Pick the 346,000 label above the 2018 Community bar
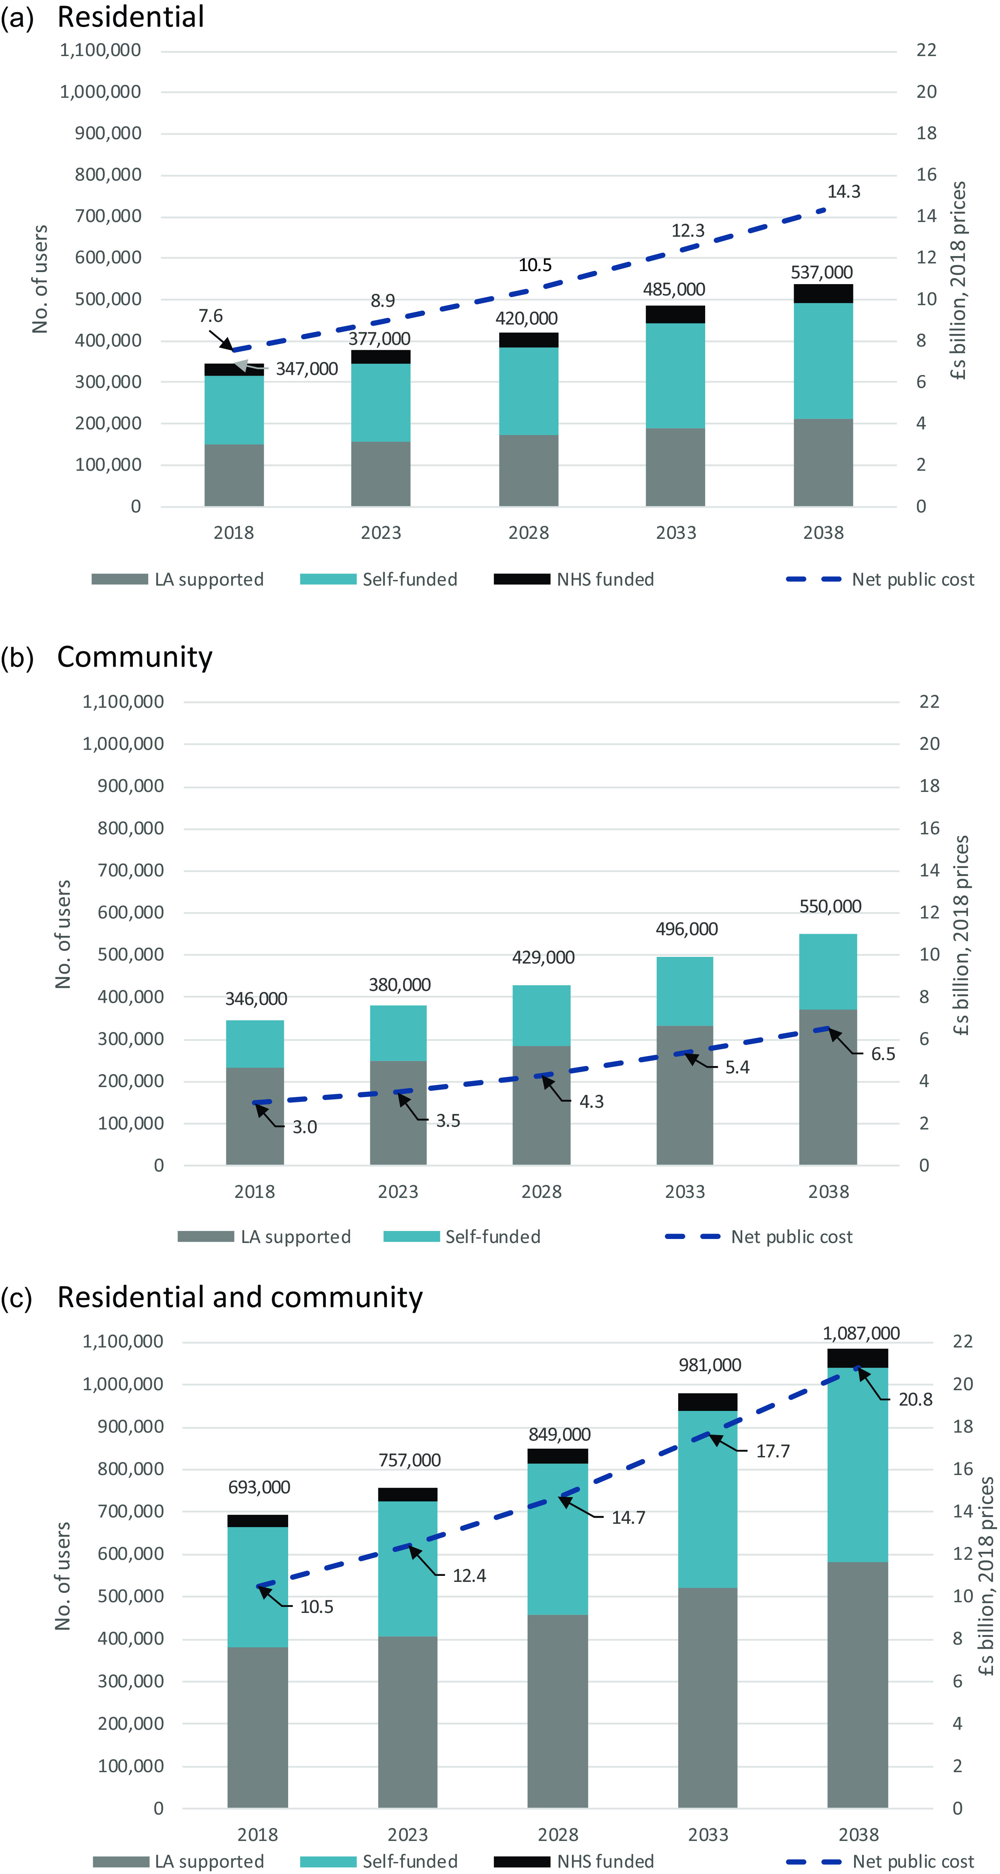[x=256, y=999]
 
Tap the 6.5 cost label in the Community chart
[x=883, y=1054]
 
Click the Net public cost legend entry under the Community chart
[x=759, y=1237]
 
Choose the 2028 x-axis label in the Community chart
[x=541, y=1192]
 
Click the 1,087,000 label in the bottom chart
[x=861, y=1333]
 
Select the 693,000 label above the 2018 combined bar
[x=259, y=1487]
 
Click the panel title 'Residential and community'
[x=240, y=1297]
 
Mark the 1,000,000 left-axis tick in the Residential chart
[x=101, y=92]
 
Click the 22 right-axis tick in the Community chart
[x=930, y=702]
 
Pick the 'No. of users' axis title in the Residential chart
[x=40, y=279]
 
